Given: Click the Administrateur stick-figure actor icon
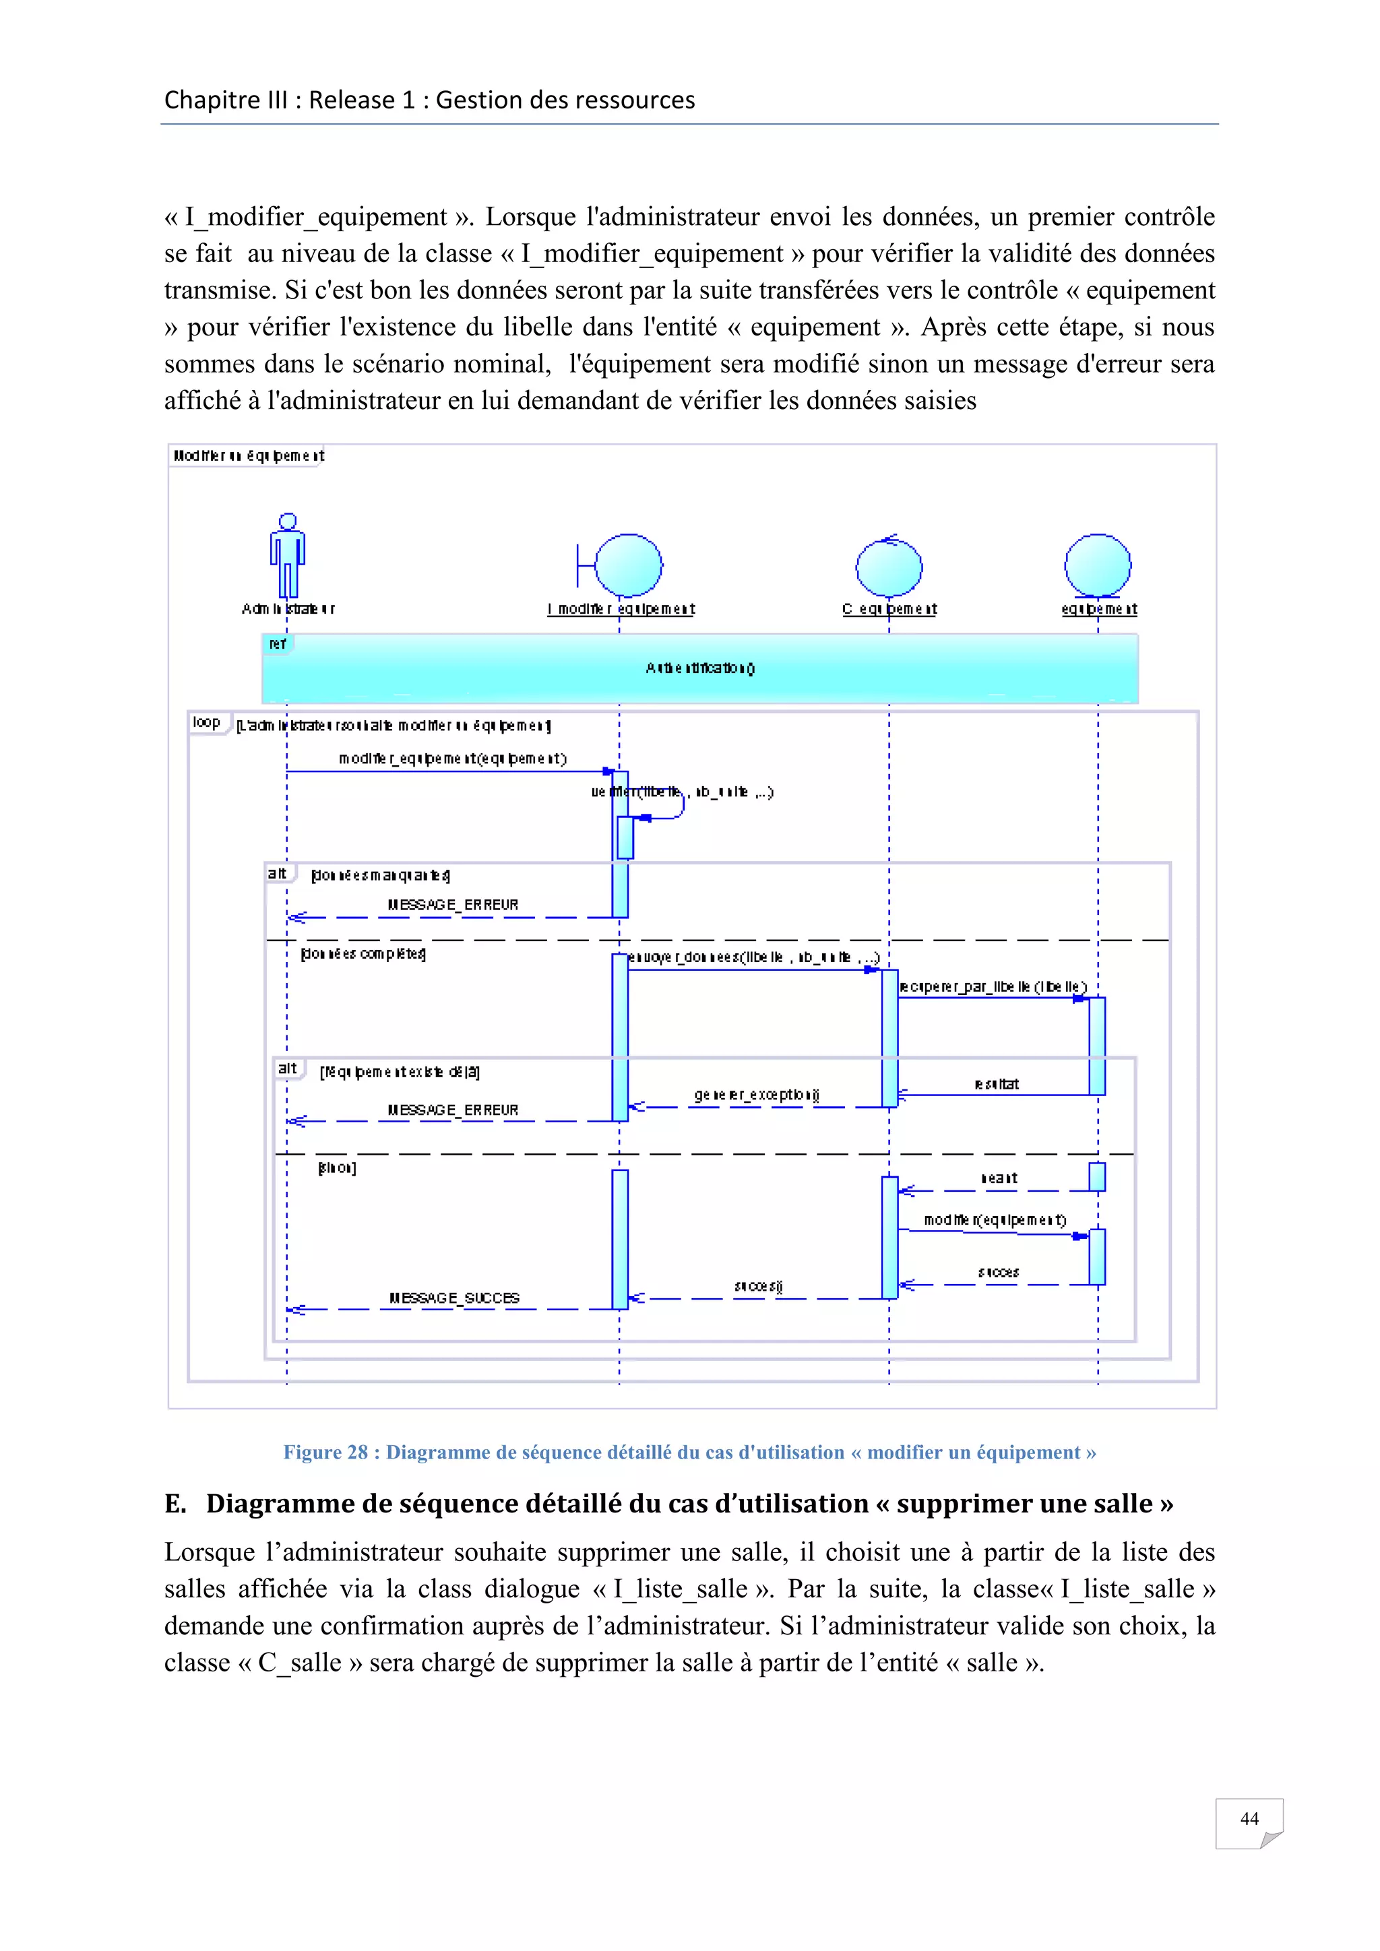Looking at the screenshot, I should (287, 556).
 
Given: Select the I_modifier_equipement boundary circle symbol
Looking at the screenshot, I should (628, 565).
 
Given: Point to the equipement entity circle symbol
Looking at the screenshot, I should (1097, 565).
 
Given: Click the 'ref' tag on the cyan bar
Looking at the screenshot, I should (277, 644).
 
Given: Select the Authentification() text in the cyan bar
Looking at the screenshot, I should (699, 668).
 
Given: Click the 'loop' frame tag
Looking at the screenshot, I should (206, 722).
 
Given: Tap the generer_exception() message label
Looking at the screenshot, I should (755, 1095).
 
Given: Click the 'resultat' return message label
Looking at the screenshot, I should (996, 1083).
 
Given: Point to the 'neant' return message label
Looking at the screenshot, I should (999, 1178).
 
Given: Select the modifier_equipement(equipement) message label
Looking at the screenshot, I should (452, 758).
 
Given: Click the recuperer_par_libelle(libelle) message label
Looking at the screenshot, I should (993, 986).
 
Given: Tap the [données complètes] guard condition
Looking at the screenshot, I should (364, 953).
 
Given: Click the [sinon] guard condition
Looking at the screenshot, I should (336, 1168).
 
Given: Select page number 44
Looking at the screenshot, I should (1249, 1818).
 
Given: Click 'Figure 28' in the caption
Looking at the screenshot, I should (325, 1452).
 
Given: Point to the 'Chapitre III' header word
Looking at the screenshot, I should (225, 100).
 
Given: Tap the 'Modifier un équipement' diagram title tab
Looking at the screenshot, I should (248, 455).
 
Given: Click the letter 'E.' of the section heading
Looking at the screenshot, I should (175, 1503).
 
